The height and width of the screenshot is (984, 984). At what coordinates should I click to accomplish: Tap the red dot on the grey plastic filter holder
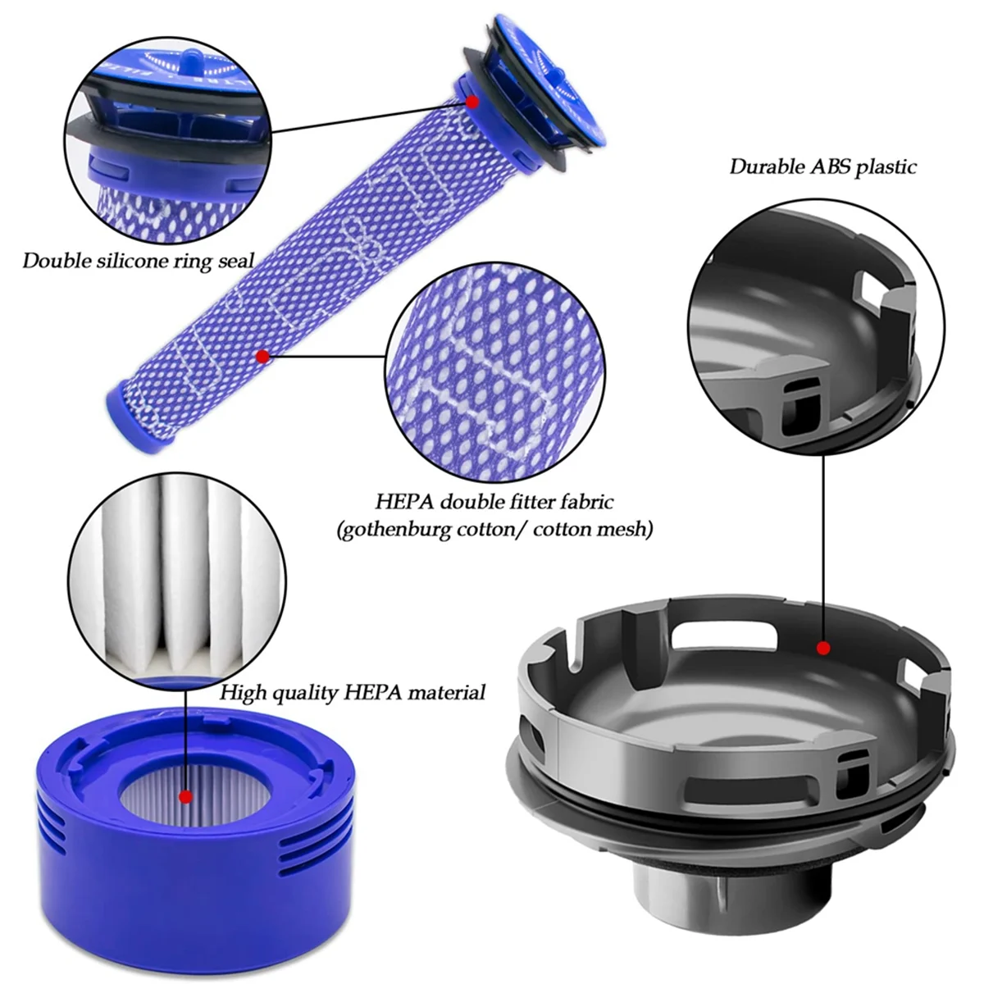pos(823,648)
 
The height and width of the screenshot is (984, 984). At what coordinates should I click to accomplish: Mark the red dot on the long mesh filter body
pos(262,356)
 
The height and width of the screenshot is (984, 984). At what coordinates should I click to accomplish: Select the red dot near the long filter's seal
pos(472,102)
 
